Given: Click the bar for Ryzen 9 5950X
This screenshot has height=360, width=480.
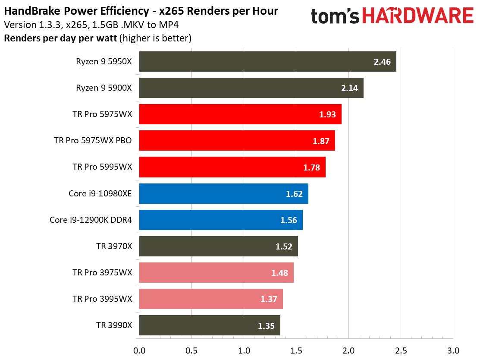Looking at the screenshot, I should click(267, 62).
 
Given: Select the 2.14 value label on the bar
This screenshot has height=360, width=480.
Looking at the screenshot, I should click(349, 88).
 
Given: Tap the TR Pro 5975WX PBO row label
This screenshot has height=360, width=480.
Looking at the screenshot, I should click(93, 141).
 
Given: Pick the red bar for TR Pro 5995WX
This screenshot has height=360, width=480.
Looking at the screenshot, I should click(232, 167).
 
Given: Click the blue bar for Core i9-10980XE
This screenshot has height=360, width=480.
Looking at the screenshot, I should click(223, 193).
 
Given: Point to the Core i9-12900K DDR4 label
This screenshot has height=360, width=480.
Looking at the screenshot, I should click(91, 220).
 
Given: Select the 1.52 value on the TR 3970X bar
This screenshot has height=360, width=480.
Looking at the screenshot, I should click(284, 246).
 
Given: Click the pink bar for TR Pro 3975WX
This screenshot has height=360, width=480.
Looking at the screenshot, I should click(216, 273).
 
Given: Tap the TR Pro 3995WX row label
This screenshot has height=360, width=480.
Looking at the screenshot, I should click(102, 299).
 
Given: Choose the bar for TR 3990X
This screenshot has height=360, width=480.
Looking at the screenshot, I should click(210, 325).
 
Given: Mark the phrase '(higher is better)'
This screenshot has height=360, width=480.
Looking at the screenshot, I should click(155, 38).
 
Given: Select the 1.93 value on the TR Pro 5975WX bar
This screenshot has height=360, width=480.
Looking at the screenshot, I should click(328, 114).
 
